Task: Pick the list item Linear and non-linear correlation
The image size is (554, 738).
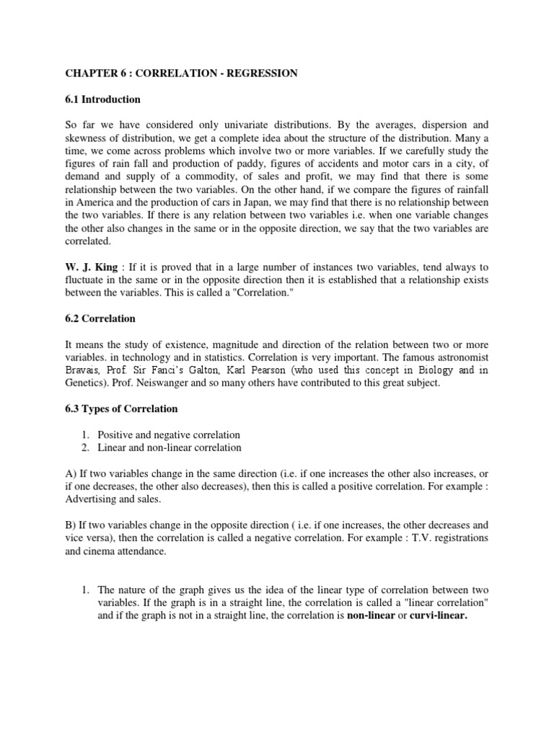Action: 170,448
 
